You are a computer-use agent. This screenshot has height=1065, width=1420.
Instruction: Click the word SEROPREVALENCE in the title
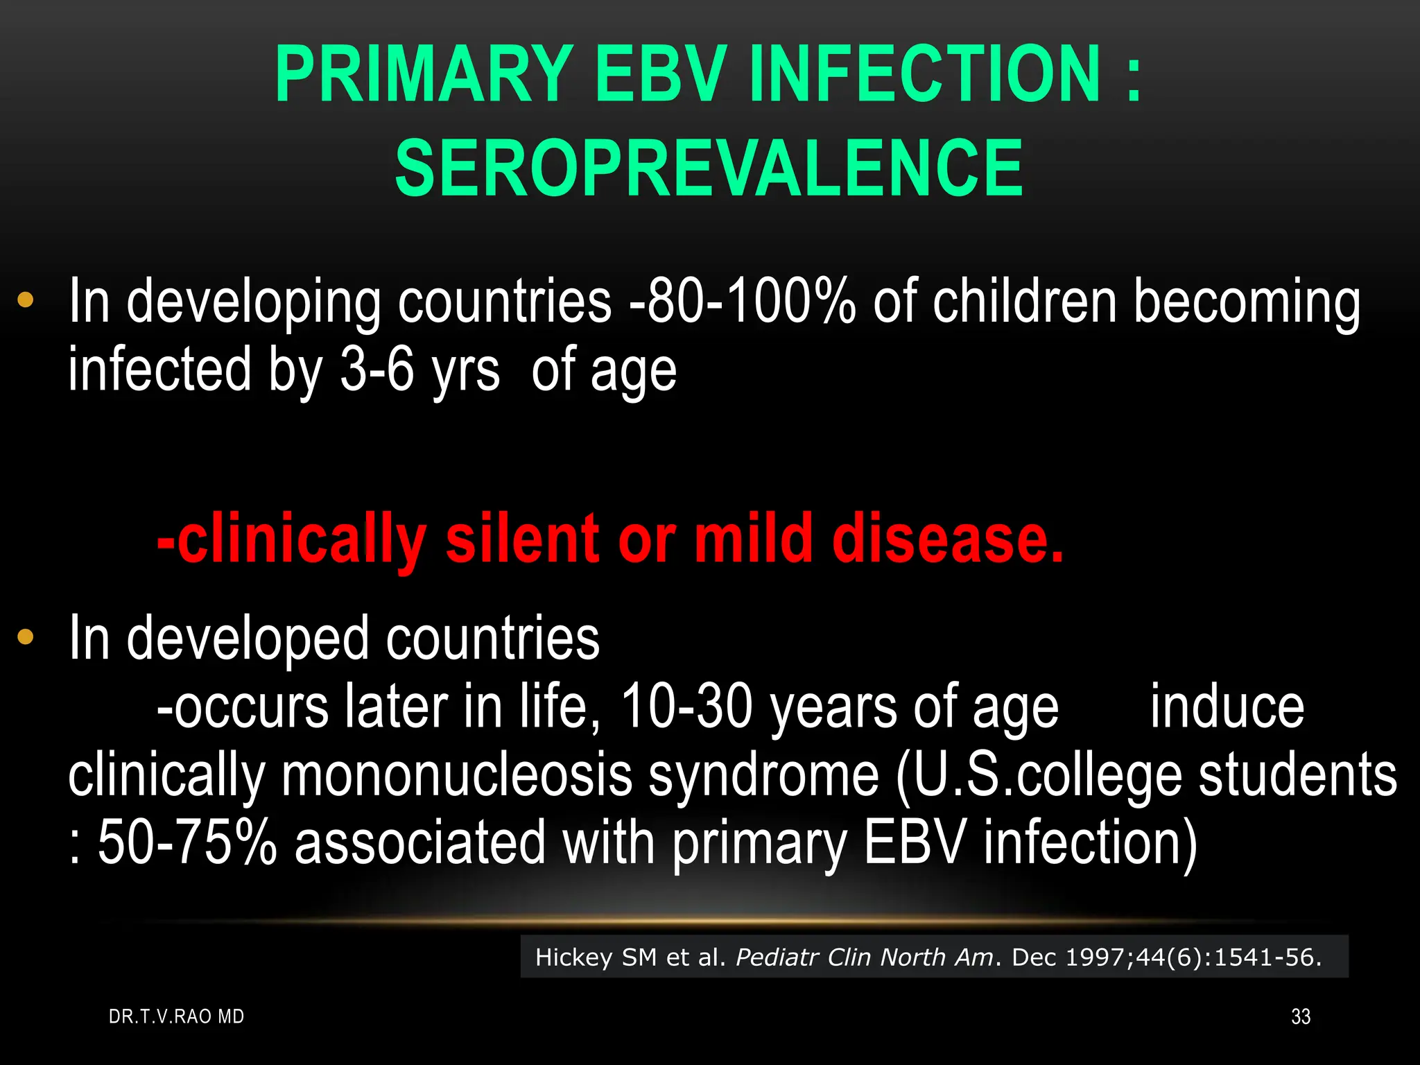pos(709,168)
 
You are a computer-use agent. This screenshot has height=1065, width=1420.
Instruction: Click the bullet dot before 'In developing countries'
pos(26,300)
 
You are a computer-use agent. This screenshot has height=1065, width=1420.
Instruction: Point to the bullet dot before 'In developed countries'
pos(26,637)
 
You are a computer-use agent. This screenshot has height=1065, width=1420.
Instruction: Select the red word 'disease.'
pos(947,539)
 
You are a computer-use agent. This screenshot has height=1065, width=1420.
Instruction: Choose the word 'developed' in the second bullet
pos(248,638)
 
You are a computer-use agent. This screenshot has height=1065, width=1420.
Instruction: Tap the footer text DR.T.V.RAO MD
pos(177,1016)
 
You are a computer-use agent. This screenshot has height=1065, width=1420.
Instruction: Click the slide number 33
pos(1301,1016)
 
